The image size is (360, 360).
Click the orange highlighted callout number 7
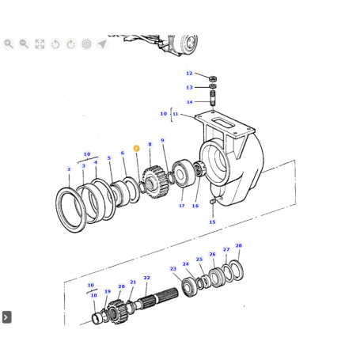tap(136, 149)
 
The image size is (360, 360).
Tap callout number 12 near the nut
tap(189, 74)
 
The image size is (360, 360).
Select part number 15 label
tap(212, 222)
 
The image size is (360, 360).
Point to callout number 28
tap(238, 245)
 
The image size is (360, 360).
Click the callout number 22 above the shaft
tap(146, 278)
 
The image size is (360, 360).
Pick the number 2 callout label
tap(69, 169)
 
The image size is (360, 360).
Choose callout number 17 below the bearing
tap(182, 206)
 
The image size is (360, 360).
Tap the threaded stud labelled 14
tap(213, 98)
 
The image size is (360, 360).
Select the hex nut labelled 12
tap(213, 78)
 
